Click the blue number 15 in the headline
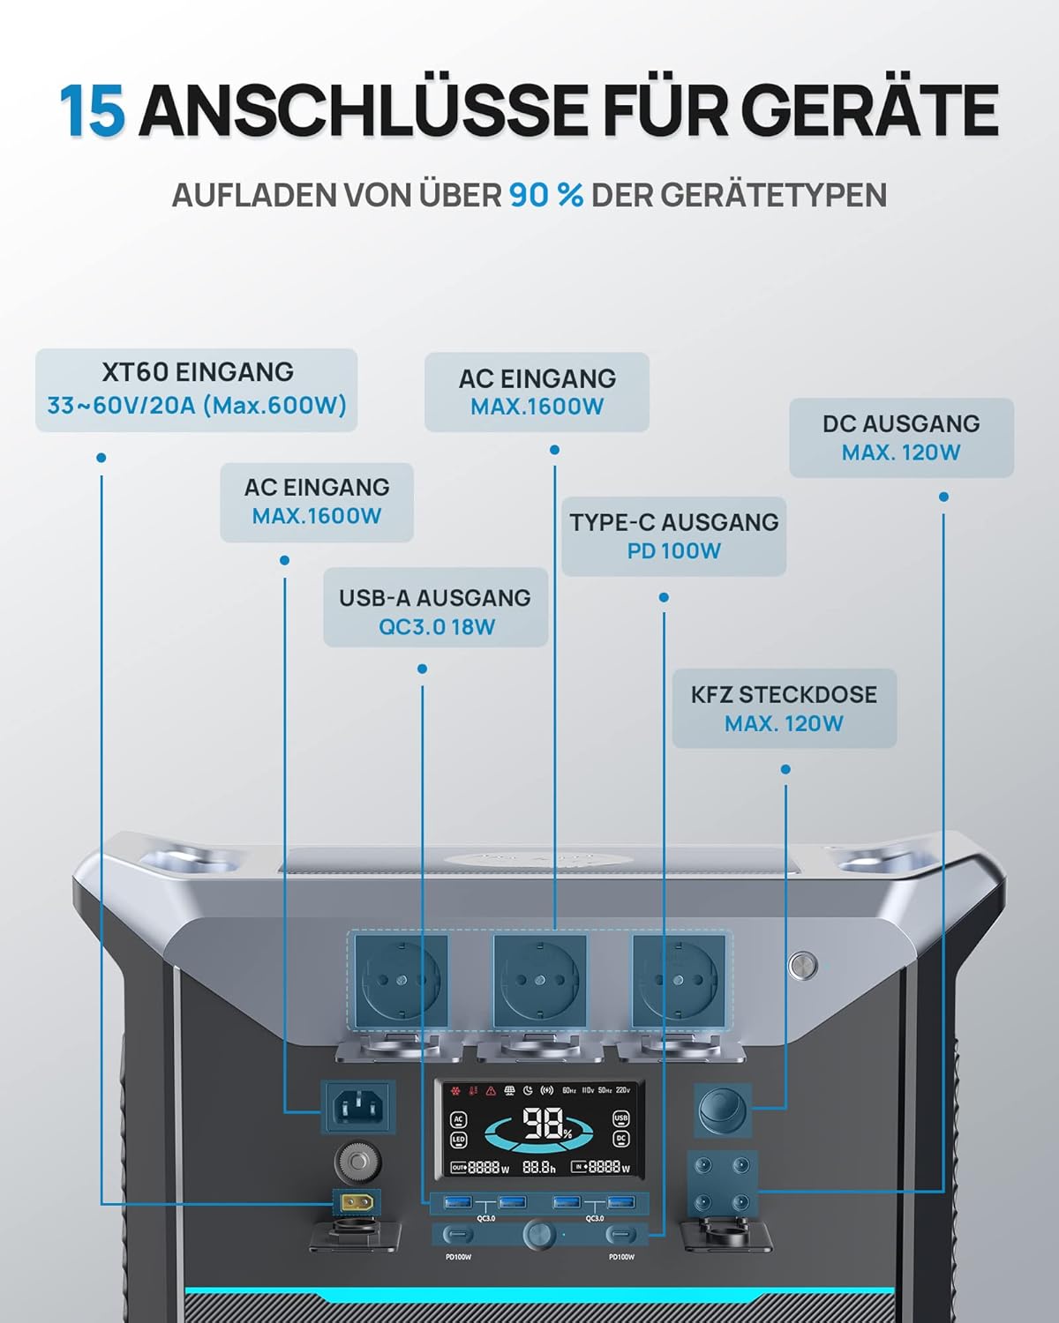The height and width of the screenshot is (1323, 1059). (92, 111)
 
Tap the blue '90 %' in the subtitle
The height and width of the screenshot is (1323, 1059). (545, 195)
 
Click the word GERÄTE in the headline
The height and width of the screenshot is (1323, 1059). (865, 111)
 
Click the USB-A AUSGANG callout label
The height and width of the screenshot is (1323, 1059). (435, 609)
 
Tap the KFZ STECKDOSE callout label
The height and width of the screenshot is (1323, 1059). (784, 708)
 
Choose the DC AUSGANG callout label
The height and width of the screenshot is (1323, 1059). (901, 437)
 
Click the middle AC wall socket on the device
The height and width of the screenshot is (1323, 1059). (539, 980)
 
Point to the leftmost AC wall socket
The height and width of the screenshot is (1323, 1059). (402, 980)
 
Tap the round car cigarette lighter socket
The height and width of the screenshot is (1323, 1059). (723, 1110)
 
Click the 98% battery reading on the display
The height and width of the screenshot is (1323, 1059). (545, 1125)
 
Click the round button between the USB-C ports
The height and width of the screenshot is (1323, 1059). (538, 1233)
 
